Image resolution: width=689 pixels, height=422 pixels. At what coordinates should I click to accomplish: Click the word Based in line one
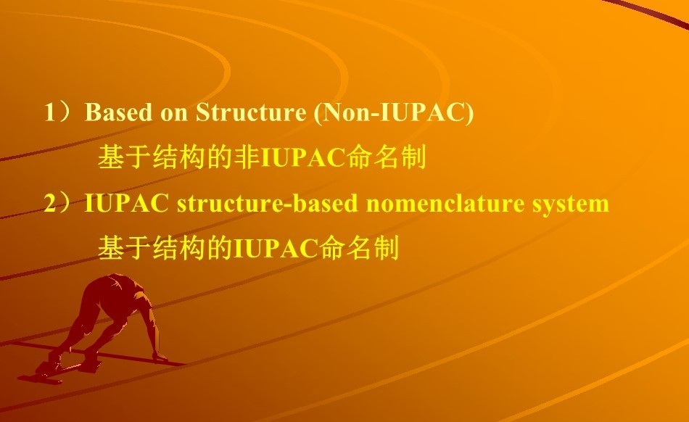coord(118,112)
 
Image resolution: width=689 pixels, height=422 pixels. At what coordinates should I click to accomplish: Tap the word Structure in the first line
coord(250,112)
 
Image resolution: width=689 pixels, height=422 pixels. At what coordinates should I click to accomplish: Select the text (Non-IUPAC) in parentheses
coord(394,113)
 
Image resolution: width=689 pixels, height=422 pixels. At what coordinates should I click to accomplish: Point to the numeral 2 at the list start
coord(50,204)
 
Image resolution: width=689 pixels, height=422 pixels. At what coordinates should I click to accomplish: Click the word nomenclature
coord(445,204)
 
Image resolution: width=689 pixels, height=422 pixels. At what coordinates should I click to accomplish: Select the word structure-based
coord(267,204)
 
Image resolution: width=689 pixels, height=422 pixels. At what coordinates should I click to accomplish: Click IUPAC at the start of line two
coord(126,204)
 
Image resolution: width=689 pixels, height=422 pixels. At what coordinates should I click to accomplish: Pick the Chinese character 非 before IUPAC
coord(247,157)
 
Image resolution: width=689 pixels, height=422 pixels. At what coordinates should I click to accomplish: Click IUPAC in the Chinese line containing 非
coord(302,157)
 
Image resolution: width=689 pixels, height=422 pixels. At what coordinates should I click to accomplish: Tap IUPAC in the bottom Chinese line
coord(276,249)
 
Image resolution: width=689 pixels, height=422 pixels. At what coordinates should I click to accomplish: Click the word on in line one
coord(174,113)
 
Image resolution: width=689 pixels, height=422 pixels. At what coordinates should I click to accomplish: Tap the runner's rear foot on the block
coord(47,369)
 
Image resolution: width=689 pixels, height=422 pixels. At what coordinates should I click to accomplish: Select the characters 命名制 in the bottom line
coord(359,248)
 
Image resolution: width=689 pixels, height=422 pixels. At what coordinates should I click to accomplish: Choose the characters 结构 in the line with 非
coord(179,157)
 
